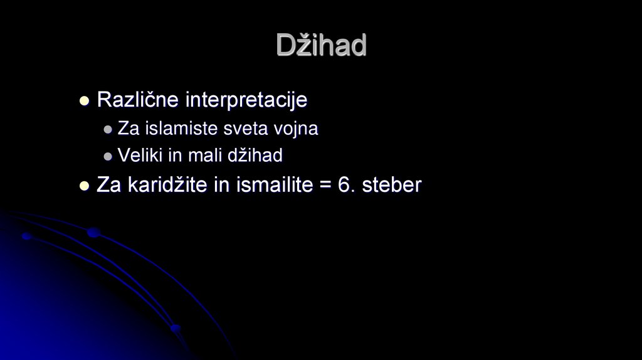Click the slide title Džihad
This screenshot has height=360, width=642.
click(x=321, y=46)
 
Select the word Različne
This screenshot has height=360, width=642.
click(x=134, y=100)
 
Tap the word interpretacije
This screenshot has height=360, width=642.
click(x=241, y=100)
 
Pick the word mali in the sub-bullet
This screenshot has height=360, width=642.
click(x=208, y=156)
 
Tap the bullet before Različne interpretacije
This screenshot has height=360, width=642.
click(x=85, y=100)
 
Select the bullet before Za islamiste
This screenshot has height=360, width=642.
click(x=108, y=130)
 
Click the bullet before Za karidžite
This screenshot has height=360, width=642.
click(x=85, y=186)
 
